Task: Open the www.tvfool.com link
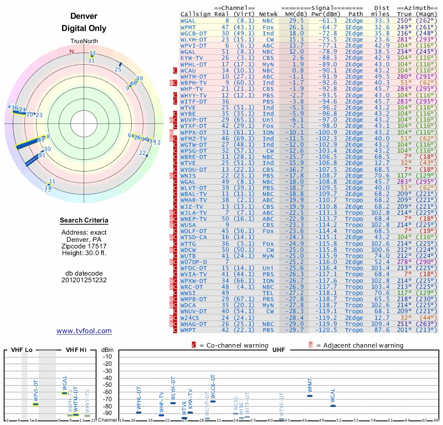coord(84,331)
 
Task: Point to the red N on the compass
coord(71,51)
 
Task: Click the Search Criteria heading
coord(84,221)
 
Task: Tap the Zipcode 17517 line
coord(84,246)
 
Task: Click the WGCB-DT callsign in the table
coord(194,33)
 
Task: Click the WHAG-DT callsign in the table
coord(194,324)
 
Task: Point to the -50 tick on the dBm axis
coord(107,385)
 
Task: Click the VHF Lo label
coord(21,350)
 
